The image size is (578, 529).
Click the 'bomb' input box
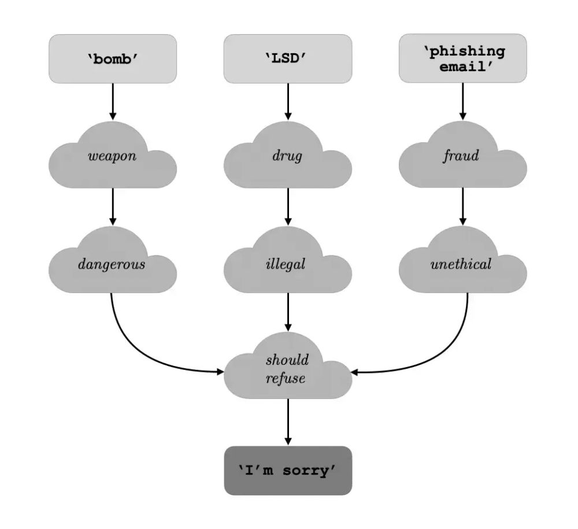[113, 58]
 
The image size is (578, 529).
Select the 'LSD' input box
[287, 58]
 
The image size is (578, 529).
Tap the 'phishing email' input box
[462, 58]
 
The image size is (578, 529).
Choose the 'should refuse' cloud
[287, 369]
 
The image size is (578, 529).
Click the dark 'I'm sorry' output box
[288, 470]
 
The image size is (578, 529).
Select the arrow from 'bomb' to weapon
[113, 101]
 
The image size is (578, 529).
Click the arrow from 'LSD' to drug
[287, 101]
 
